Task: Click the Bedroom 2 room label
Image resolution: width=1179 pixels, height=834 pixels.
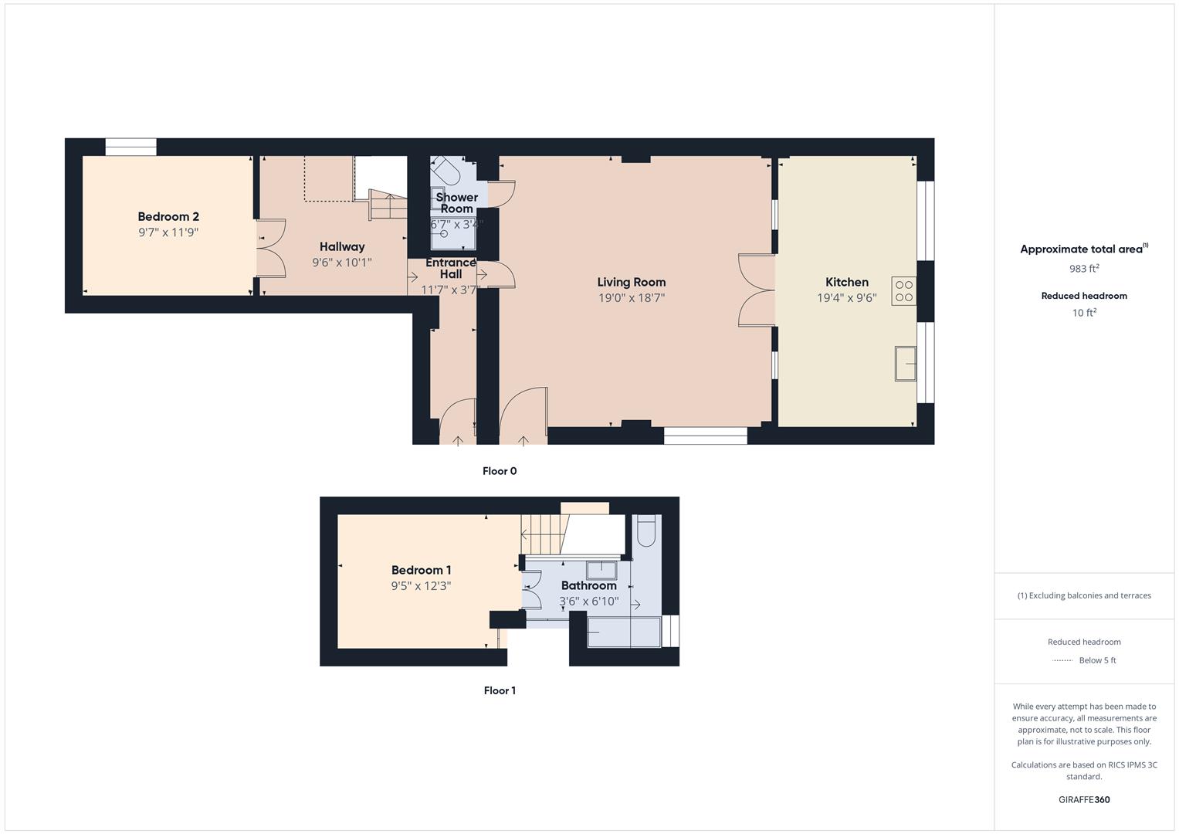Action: coord(168,217)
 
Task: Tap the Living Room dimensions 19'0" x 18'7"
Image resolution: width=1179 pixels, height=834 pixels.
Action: coord(631,298)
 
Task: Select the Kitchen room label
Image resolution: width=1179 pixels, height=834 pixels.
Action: coord(846,283)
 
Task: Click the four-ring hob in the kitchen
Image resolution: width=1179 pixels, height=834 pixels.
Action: coord(903,291)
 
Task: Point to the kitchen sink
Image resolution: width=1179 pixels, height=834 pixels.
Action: coord(905,364)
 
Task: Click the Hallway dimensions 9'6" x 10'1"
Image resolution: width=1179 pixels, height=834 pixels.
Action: coord(341,263)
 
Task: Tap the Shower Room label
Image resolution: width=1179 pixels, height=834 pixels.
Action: coord(456,203)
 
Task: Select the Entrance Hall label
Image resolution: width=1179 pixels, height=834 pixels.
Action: coord(451,268)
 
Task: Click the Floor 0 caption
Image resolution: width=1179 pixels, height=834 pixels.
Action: coord(499,471)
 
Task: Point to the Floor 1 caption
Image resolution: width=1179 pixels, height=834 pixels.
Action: coord(499,690)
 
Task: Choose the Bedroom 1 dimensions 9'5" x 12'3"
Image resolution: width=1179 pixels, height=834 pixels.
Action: coord(421,586)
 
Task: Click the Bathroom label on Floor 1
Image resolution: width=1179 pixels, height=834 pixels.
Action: coord(588,585)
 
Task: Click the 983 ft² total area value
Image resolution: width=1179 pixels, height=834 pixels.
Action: coord(1083,269)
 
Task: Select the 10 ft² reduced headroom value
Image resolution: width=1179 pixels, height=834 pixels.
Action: coord(1083,313)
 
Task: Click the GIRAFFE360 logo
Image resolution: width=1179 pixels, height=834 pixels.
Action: coord(1083,800)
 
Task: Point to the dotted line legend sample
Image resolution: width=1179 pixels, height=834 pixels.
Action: coord(1062,660)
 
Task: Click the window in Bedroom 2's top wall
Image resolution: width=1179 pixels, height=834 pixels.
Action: coord(130,147)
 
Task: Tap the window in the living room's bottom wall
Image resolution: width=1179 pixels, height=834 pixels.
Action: coord(705,436)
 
